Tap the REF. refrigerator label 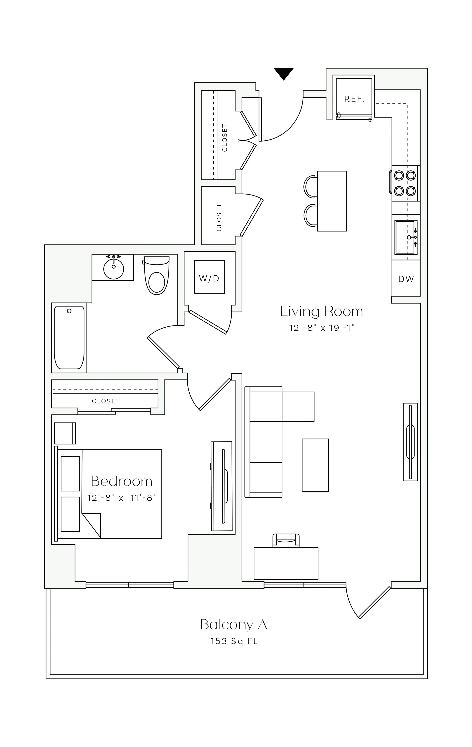pyautogui.click(x=354, y=99)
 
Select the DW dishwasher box pyautogui.click(x=406, y=279)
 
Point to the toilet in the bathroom pyautogui.click(x=157, y=275)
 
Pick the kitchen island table pyautogui.click(x=332, y=201)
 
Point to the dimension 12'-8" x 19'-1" pyautogui.click(x=322, y=328)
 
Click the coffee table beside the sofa pyautogui.click(x=315, y=465)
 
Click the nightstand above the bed pyautogui.click(x=65, y=433)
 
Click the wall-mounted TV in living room pyautogui.click(x=410, y=442)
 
